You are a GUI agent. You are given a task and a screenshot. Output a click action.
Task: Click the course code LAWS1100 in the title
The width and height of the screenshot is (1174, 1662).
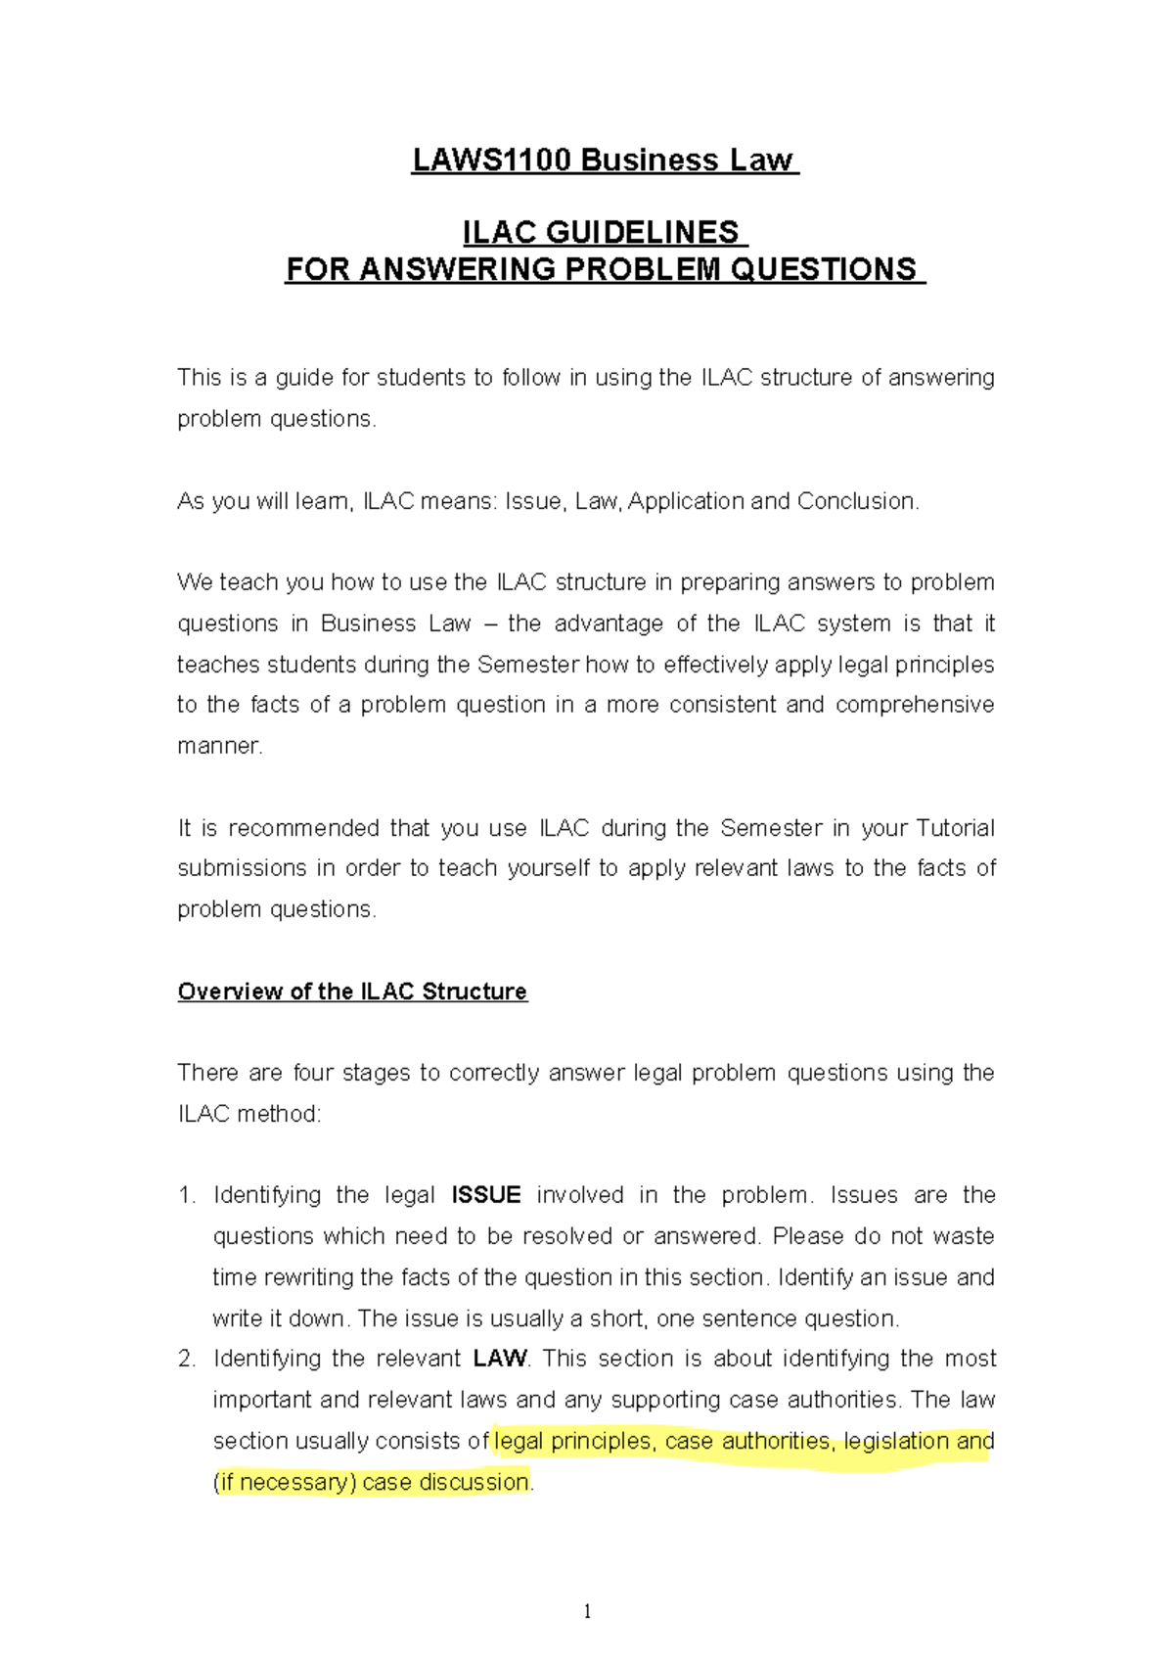point(492,160)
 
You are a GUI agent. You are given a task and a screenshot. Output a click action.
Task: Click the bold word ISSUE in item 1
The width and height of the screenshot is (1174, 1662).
point(486,1195)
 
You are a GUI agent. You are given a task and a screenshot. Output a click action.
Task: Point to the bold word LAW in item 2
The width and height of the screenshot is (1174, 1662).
point(500,1359)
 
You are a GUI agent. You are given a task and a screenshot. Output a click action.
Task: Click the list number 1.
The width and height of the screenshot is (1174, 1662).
point(186,1195)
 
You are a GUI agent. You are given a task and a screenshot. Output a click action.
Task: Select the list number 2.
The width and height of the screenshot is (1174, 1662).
point(186,1359)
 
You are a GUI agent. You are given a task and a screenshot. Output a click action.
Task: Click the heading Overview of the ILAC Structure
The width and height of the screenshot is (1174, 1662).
point(352,992)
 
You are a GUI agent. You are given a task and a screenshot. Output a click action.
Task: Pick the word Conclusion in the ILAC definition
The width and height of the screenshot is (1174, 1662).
point(857,501)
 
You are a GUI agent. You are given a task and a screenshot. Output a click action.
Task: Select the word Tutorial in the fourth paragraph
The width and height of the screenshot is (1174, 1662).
point(955,828)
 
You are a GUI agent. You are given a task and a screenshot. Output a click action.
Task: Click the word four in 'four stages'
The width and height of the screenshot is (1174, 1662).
point(313,1073)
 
